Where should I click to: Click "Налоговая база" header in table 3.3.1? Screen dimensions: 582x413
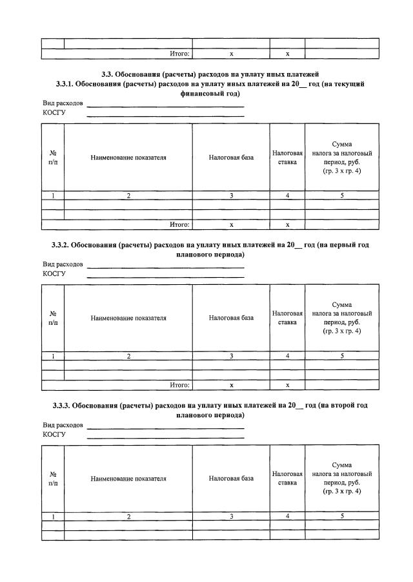pyautogui.click(x=231, y=157)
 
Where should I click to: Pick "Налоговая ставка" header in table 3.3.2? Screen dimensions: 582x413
pyautogui.click(x=287, y=317)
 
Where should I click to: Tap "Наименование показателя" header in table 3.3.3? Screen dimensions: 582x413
pyautogui.click(x=128, y=479)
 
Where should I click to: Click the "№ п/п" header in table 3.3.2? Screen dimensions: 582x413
pyautogui.click(x=53, y=317)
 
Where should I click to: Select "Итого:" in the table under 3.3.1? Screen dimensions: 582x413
pyautogui.click(x=179, y=224)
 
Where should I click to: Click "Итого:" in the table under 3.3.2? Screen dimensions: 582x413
pyautogui.click(x=179, y=385)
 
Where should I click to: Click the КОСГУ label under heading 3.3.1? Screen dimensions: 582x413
pyautogui.click(x=54, y=112)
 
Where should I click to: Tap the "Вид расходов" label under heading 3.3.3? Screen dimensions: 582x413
pyautogui.click(x=63, y=425)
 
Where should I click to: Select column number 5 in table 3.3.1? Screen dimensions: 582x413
pyautogui.click(x=342, y=195)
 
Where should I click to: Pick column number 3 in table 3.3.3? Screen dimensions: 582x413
pyautogui.click(x=231, y=516)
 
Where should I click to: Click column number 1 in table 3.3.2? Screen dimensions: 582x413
pyautogui.click(x=53, y=356)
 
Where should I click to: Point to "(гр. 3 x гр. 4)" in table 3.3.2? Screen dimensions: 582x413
pyautogui.click(x=342, y=331)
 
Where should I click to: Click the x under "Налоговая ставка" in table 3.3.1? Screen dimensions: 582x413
pyautogui.click(x=287, y=224)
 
